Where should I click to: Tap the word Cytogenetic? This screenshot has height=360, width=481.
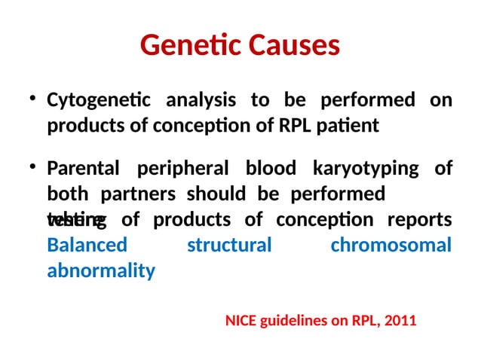pyautogui.click(x=98, y=100)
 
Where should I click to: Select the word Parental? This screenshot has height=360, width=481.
pyautogui.click(x=84, y=169)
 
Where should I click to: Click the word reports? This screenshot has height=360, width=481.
pyautogui.click(x=419, y=220)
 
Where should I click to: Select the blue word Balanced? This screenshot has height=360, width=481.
pyautogui.click(x=87, y=246)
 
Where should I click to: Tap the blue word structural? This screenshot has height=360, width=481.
pyautogui.click(x=228, y=246)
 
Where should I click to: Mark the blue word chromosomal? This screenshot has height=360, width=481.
pyautogui.click(x=391, y=246)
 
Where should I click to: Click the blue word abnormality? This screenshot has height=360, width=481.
pyautogui.click(x=101, y=271)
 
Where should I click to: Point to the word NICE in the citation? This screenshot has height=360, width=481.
pyautogui.click(x=241, y=321)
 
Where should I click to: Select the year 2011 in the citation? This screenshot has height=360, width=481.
pyautogui.click(x=400, y=321)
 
